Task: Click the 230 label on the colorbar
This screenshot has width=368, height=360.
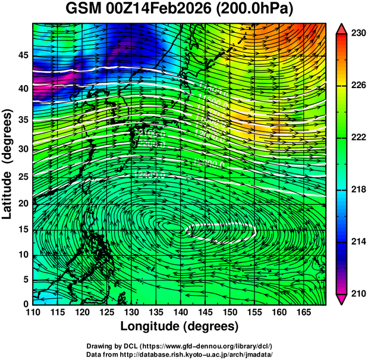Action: pyautogui.click(x=357, y=34)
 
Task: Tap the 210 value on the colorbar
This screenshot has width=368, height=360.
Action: pyautogui.click(x=357, y=293)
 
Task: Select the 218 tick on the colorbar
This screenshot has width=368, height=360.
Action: pyautogui.click(x=357, y=190)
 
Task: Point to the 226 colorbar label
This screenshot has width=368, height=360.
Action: pyautogui.click(x=357, y=86)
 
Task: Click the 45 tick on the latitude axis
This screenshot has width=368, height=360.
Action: pyautogui.click(x=22, y=55)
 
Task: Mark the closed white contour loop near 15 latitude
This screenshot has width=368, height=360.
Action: pyautogui.click(x=221, y=231)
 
